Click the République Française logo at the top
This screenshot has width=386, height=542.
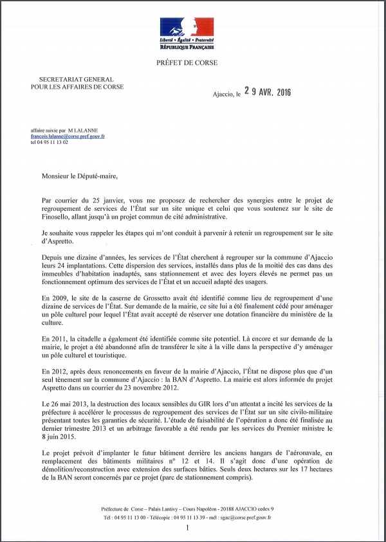187,34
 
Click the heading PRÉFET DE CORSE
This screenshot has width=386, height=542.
187,62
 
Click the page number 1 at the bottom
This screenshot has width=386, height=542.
187,527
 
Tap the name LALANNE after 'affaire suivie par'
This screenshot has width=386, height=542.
93,131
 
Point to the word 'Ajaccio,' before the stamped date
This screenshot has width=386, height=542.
223,94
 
